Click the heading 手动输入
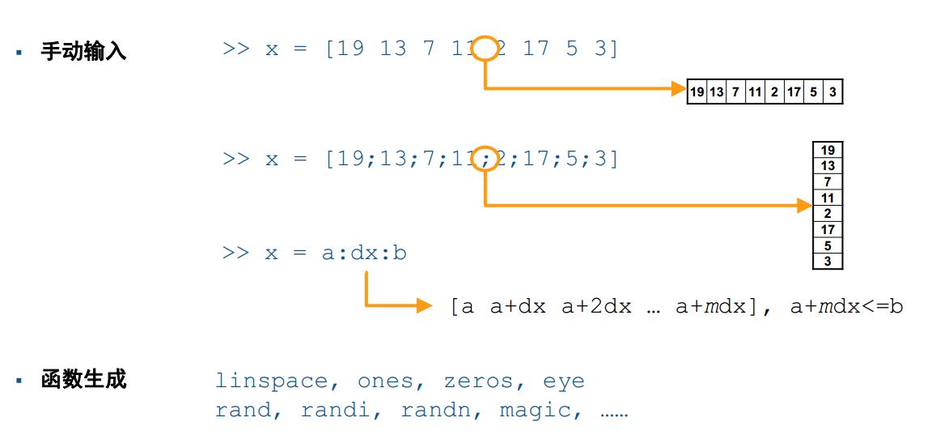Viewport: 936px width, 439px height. (84, 53)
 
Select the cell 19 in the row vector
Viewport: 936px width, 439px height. (697, 92)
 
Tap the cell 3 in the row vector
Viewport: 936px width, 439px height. (832, 92)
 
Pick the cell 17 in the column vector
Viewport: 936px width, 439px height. (827, 230)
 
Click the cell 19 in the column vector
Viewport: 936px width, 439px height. (827, 151)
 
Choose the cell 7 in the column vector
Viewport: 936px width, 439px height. (827, 182)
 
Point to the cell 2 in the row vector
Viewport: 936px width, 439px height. (774, 92)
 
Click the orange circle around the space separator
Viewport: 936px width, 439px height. (485, 49)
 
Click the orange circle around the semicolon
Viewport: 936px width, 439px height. (485, 159)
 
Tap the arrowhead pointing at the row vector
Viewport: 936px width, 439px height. (679, 88)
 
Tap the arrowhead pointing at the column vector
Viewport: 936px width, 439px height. (804, 206)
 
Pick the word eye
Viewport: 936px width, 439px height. (563, 381)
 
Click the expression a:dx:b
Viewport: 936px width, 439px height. (364, 253)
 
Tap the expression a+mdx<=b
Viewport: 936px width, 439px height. (845, 307)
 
